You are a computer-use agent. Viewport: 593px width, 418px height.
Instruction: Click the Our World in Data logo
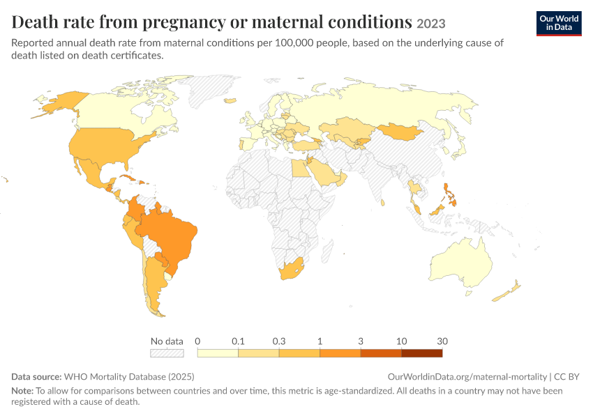(559, 24)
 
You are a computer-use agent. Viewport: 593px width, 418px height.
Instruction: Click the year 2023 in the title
(430, 24)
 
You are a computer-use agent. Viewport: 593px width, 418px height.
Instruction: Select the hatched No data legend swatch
(167, 353)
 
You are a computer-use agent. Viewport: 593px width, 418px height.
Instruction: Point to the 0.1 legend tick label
(238, 341)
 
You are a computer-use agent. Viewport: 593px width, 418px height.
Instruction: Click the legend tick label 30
(442, 341)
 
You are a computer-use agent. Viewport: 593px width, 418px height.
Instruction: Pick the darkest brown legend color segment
(421, 353)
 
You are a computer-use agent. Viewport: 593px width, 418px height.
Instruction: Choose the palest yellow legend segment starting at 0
(218, 353)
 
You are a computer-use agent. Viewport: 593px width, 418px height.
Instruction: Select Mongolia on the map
(399, 132)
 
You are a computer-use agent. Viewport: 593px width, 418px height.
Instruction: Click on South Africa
(291, 269)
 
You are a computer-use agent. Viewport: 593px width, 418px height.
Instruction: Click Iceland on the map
(230, 101)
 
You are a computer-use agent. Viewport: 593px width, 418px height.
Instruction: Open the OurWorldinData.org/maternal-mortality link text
(467, 376)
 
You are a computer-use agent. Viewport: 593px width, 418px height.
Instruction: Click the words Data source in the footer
(36, 376)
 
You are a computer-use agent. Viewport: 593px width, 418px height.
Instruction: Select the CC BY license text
(566, 376)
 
